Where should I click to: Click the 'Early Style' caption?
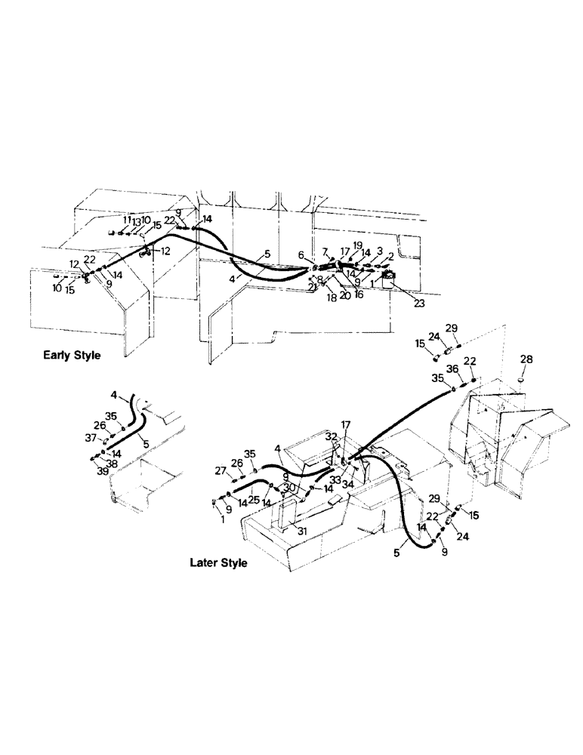[72, 354]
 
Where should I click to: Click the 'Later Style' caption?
[218, 562]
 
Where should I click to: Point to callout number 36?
[452, 368]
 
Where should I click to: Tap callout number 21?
[311, 288]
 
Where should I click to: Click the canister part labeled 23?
[390, 282]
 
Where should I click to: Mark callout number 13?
[137, 221]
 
